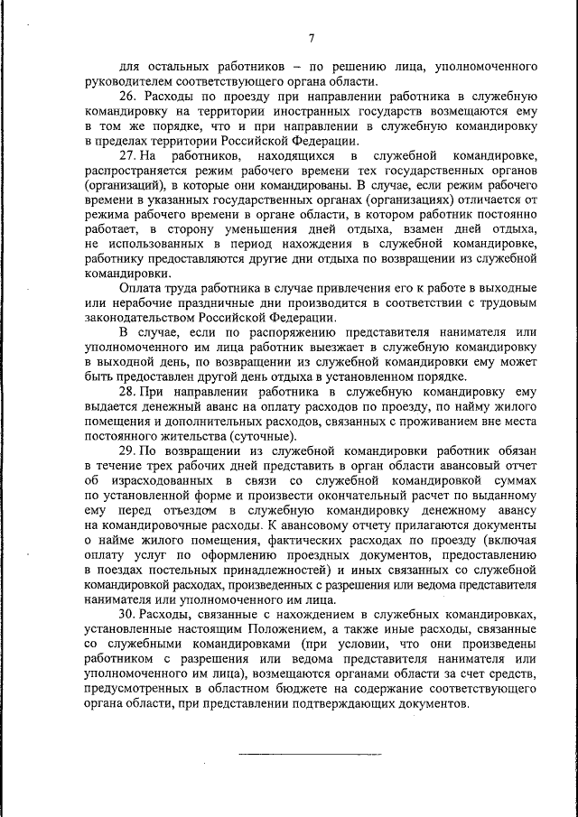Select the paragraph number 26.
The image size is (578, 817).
coord(127,96)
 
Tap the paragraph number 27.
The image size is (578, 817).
coord(127,157)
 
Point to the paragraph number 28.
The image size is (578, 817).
coord(127,393)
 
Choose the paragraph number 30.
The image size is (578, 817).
coord(127,614)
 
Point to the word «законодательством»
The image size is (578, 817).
coord(144,319)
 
